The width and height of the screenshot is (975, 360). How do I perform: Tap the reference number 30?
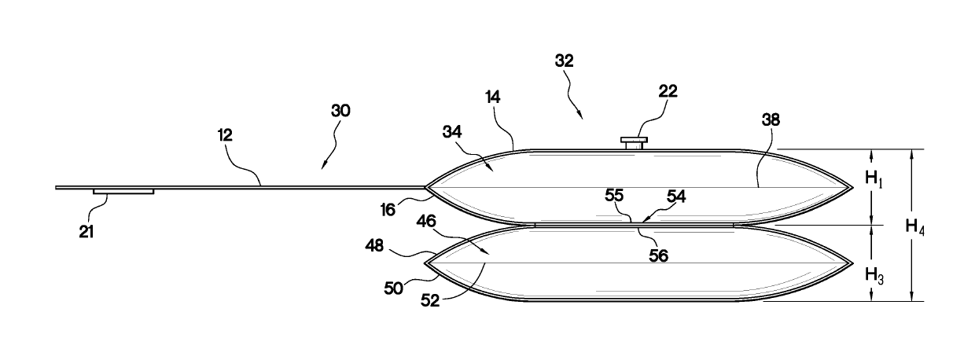[340, 111]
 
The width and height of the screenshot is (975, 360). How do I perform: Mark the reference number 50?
[395, 288]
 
